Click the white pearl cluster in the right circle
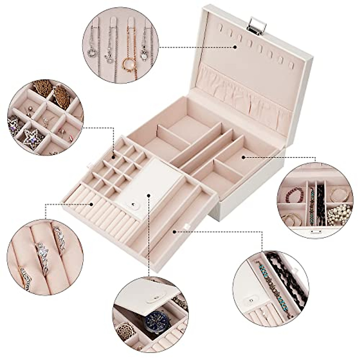click(339, 214)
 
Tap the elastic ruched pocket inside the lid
click(240, 87)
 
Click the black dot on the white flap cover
click(149, 195)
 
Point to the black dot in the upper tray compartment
click(244, 156)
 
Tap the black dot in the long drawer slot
click(174, 231)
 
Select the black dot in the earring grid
click(113, 157)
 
